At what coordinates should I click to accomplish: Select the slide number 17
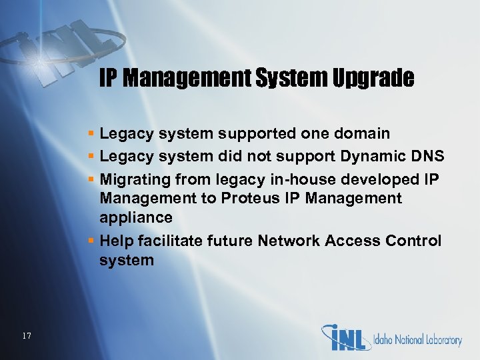pos(26,335)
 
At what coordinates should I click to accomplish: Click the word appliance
pos(136,218)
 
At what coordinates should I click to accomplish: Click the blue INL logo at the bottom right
pos(346,337)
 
